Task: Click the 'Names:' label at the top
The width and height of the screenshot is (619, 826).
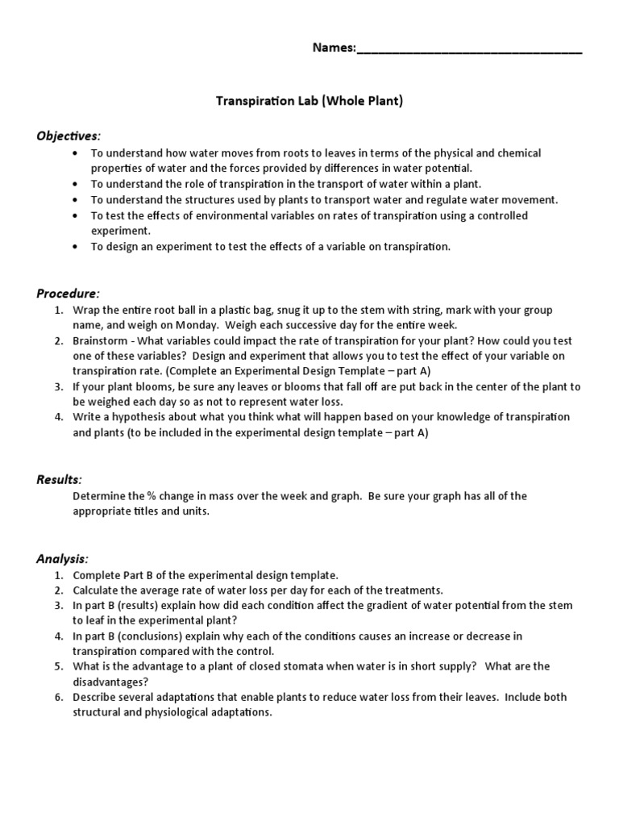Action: (x=334, y=48)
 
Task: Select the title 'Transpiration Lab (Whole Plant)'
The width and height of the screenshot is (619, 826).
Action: (x=309, y=102)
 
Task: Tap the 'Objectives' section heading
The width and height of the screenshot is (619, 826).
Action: (x=69, y=136)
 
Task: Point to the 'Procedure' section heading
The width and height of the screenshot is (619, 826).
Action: (x=69, y=293)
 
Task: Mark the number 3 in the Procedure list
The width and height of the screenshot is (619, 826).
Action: (x=58, y=386)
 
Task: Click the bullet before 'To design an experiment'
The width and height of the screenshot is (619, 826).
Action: (x=75, y=247)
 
